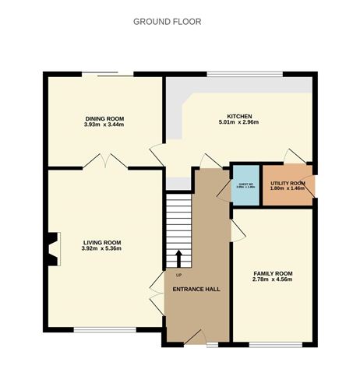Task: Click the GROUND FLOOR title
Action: click(x=168, y=22)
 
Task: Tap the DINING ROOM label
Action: click(x=105, y=118)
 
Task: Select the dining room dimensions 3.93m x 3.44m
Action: click(x=105, y=125)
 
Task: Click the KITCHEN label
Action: click(x=238, y=115)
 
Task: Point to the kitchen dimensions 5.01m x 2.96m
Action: click(x=238, y=122)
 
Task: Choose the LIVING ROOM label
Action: click(x=102, y=242)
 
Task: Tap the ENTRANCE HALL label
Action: click(x=196, y=289)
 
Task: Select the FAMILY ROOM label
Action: click(x=273, y=272)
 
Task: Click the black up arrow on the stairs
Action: click(x=178, y=258)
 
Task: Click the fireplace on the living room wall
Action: click(x=52, y=250)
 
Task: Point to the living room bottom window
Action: click(x=97, y=331)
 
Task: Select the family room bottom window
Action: click(x=270, y=343)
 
